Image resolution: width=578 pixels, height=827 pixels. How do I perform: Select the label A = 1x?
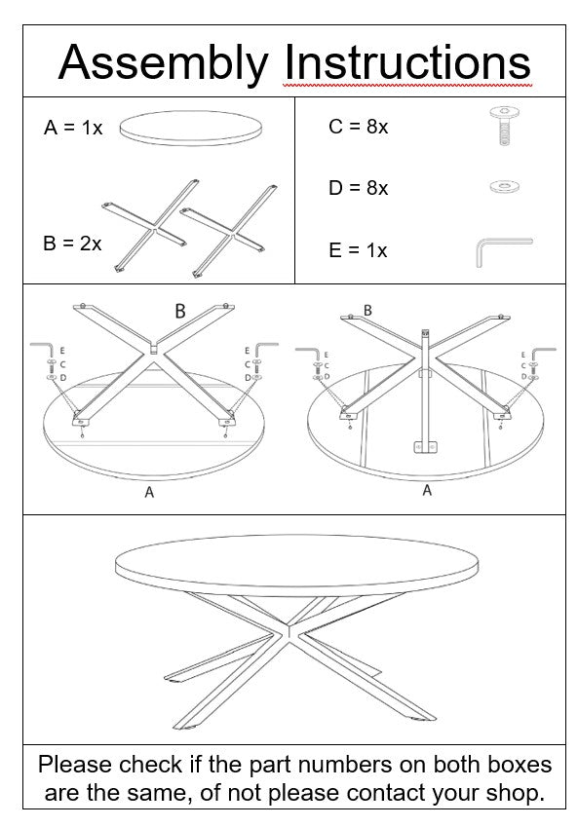(73, 128)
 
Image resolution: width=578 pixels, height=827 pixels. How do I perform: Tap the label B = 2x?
(72, 244)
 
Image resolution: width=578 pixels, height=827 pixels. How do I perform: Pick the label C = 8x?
(358, 127)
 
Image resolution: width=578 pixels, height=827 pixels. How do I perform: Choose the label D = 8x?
(358, 188)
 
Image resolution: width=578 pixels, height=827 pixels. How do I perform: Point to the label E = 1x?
(358, 250)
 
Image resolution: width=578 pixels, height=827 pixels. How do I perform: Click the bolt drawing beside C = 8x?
(503, 128)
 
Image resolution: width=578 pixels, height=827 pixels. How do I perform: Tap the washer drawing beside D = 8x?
(504, 186)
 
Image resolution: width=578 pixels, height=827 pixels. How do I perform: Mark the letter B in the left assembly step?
(180, 312)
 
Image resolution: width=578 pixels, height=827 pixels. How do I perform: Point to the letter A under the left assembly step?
(149, 493)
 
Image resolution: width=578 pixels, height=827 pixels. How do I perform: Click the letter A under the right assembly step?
(426, 490)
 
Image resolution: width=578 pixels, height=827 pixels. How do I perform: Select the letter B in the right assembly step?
(367, 310)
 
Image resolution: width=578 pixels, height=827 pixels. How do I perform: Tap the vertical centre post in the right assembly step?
(424, 390)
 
